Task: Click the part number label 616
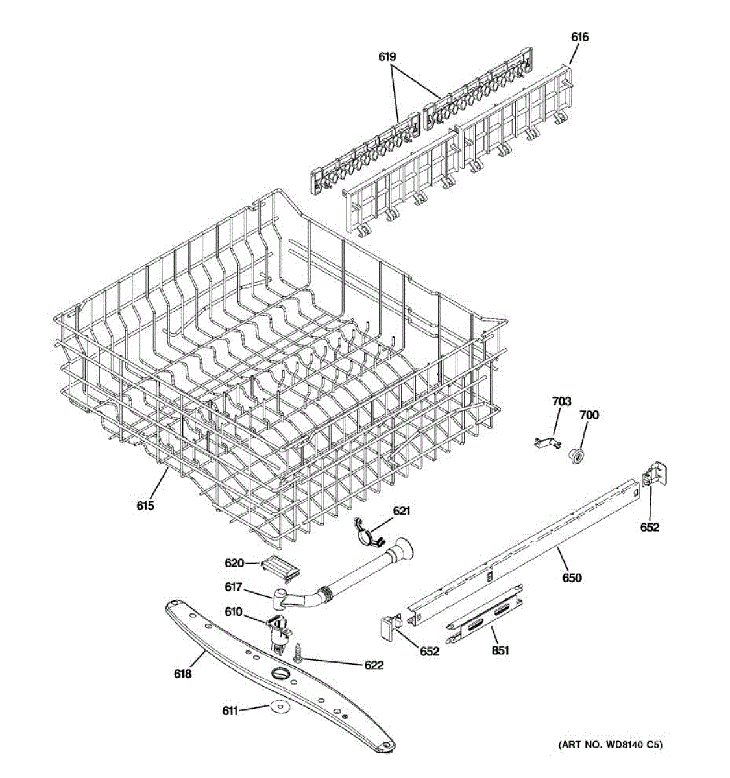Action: [x=579, y=38]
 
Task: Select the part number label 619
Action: [x=387, y=57]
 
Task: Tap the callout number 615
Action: [x=145, y=504]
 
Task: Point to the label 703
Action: [x=561, y=402]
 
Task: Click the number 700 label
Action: [x=589, y=415]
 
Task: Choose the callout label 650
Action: [x=572, y=578]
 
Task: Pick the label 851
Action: [x=500, y=650]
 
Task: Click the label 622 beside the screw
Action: [x=373, y=665]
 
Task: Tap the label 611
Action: [x=230, y=711]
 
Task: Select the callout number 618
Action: [x=182, y=674]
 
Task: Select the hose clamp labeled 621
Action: [x=367, y=530]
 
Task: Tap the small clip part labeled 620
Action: [x=281, y=567]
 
